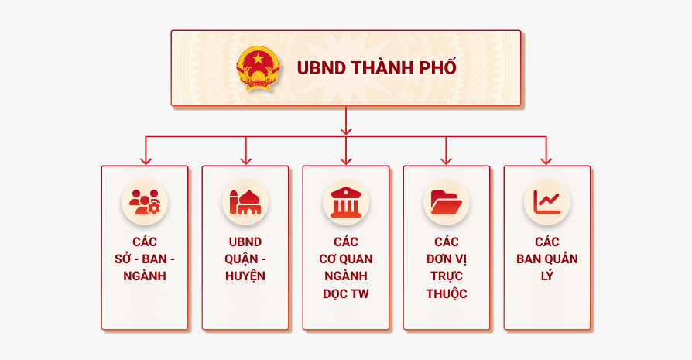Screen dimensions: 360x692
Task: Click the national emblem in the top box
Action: (x=258, y=68)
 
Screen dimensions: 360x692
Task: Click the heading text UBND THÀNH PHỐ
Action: (x=376, y=68)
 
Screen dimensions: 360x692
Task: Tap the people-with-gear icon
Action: (x=145, y=202)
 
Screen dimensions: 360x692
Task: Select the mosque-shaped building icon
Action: (x=245, y=202)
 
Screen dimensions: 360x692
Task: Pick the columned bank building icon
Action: (x=346, y=202)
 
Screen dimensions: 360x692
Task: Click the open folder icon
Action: (x=447, y=202)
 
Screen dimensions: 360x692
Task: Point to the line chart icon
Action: (x=547, y=202)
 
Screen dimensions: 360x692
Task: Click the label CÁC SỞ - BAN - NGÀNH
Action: (x=145, y=259)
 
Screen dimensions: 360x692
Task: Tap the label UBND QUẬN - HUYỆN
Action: (x=245, y=259)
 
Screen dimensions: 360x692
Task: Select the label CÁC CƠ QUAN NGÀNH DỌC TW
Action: (x=346, y=268)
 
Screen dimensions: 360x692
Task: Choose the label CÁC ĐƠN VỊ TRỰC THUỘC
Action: (x=447, y=268)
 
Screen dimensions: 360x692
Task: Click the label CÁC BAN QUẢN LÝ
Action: (x=547, y=259)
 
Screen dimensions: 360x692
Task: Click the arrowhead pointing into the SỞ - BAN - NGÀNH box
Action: (x=146, y=160)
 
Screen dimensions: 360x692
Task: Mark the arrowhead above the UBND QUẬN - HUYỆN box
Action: (x=246, y=160)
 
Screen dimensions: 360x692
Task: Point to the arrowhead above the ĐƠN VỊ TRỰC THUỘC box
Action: (x=446, y=160)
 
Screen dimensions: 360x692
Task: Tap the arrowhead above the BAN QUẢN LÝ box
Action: (x=546, y=160)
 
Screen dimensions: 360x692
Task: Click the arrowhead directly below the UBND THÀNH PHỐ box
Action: (x=346, y=130)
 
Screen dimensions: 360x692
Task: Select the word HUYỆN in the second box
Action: (x=245, y=276)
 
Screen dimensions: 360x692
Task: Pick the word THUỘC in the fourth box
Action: (x=447, y=294)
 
